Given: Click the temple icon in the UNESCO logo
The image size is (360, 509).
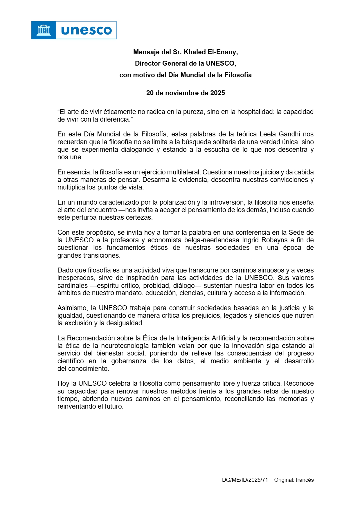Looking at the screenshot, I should pyautogui.click(x=44, y=30).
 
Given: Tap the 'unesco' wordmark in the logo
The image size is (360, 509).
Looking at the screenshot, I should pyautogui.click(x=87, y=30).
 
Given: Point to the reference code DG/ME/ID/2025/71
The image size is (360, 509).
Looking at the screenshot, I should pyautogui.click(x=245, y=480).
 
